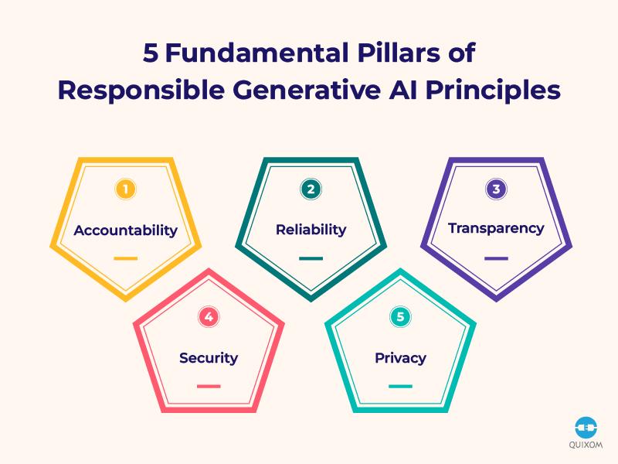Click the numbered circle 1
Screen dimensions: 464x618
coord(125,189)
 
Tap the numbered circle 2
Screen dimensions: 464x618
coord(311,189)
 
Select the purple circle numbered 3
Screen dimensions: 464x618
coord(496,189)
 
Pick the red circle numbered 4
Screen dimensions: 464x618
coord(209,317)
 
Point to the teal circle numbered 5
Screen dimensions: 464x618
coord(400,317)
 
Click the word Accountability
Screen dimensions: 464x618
coord(125,230)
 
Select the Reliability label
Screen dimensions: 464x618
coord(311,230)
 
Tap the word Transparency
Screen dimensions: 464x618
coord(496,228)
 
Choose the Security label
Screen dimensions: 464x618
coord(209,358)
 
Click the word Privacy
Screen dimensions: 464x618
coord(400,358)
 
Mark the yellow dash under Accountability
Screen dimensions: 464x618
coord(125,258)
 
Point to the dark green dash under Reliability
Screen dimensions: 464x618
coord(311,258)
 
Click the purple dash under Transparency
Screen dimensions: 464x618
coord(496,258)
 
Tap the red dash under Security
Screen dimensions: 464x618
coord(209,386)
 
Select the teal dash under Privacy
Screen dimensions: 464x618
coord(400,386)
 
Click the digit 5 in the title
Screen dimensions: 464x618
coord(151,53)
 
